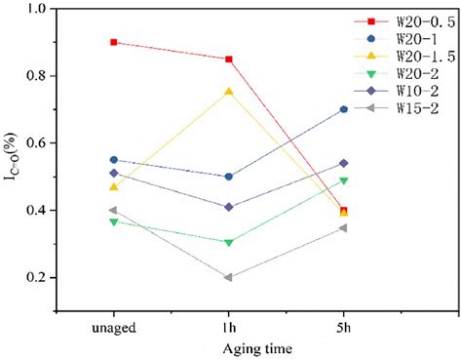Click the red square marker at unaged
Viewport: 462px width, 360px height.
click(114, 42)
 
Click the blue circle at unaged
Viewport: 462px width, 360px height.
click(114, 159)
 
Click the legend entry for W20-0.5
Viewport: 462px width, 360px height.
click(414, 20)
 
